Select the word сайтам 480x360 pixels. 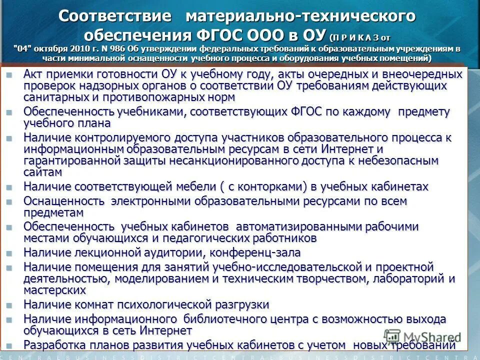pyautogui.click(x=43, y=172)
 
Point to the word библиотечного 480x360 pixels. pyautogui.click(x=227, y=319)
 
